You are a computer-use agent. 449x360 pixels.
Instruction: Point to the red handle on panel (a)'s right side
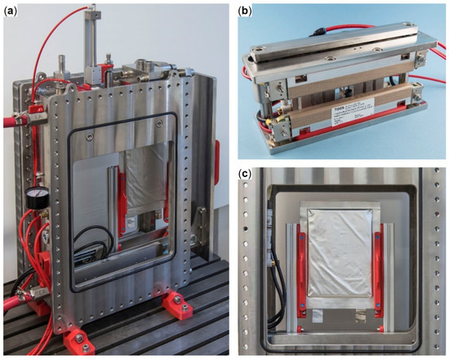tap(218, 155)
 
